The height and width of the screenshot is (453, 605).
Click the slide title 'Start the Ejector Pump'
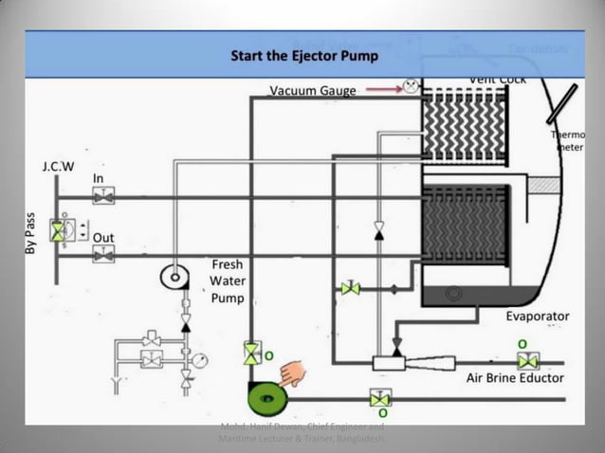[304, 56]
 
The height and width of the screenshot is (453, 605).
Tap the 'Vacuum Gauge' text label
[312, 91]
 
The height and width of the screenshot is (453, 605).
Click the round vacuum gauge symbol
[411, 85]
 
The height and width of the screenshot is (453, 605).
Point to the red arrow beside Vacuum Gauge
[381, 89]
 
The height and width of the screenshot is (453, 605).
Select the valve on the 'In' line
[102, 196]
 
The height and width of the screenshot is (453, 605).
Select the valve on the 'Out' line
[102, 253]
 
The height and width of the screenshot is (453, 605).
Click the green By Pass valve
[59, 231]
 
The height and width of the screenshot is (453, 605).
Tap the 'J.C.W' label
[58, 166]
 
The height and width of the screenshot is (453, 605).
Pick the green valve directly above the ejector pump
[251, 353]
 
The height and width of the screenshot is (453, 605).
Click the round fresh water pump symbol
[174, 277]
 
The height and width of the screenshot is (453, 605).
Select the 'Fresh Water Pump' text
[228, 281]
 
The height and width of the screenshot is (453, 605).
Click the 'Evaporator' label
[537, 316]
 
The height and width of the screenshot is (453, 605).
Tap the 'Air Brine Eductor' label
[515, 377]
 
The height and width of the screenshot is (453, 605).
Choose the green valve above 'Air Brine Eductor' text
[528, 360]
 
